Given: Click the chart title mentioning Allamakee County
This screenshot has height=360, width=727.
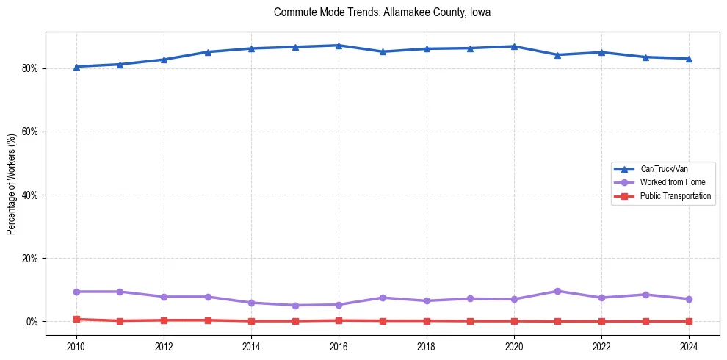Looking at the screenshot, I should (x=382, y=12).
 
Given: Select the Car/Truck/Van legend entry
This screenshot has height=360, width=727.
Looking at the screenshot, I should (x=664, y=169).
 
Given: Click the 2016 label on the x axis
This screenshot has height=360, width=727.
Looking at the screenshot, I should (x=339, y=346).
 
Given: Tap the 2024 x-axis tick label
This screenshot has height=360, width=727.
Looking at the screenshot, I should (x=689, y=346).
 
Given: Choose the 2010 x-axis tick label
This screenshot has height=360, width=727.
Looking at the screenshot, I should (x=76, y=346).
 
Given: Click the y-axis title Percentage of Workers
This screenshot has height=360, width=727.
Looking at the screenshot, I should (x=12, y=184).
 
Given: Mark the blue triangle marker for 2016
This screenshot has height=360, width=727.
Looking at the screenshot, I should (x=339, y=46).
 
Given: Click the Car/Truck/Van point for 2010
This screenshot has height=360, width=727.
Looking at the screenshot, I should (x=76, y=67).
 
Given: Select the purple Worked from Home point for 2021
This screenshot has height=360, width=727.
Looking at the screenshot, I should (x=557, y=291).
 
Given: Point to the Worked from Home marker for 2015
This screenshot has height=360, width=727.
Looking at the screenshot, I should (x=295, y=306).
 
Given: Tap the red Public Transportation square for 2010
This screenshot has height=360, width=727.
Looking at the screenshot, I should (x=76, y=319).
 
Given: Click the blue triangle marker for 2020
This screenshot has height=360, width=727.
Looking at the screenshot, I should (x=514, y=46).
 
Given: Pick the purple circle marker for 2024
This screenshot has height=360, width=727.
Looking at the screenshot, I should (x=689, y=299).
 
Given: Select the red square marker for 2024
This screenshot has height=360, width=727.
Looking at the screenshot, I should (x=689, y=321).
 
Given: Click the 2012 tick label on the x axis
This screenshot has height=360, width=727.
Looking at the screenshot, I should (x=164, y=346).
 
